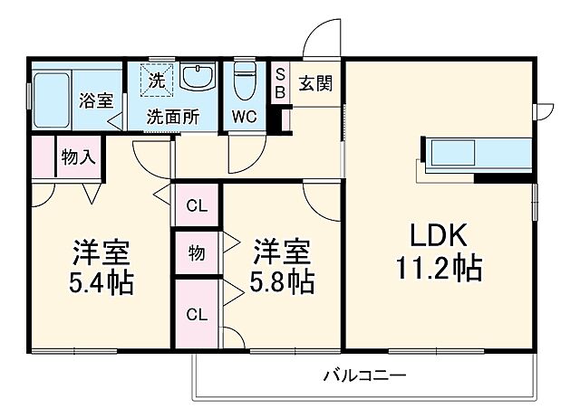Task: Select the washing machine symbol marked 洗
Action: pyautogui.click(x=156, y=81)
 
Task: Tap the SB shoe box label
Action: pyautogui.click(x=280, y=83)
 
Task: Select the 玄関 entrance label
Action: pyautogui.click(x=315, y=84)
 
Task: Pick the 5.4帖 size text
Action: pyautogui.click(x=101, y=283)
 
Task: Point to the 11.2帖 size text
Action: pyautogui.click(x=438, y=269)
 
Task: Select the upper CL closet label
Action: pyautogui.click(x=196, y=206)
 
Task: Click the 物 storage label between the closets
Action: pyautogui.click(x=196, y=253)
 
